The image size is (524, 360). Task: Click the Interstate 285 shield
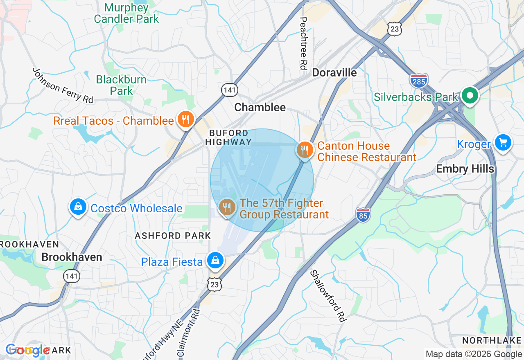pyautogui.click(x=418, y=80)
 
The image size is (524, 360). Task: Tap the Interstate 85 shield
pyautogui.click(x=363, y=215)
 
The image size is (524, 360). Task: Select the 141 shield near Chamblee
pyautogui.click(x=229, y=90)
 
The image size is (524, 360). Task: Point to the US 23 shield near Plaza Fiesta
pyautogui.click(x=215, y=284)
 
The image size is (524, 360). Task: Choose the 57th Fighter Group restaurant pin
pyautogui.click(x=226, y=207)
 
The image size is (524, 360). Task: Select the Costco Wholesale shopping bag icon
pyautogui.click(x=78, y=207)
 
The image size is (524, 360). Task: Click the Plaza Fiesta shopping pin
pyautogui.click(x=215, y=260)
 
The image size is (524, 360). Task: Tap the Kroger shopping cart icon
pyautogui.click(x=503, y=143)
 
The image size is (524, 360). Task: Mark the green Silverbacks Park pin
pyautogui.click(x=470, y=96)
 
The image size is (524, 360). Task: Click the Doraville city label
pyautogui.click(x=334, y=73)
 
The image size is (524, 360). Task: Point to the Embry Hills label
pyautogui.click(x=465, y=169)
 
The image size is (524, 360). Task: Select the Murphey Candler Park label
pyautogui.click(x=126, y=13)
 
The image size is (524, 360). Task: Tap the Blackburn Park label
pyautogui.click(x=121, y=85)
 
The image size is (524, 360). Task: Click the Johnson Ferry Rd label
pyautogui.click(x=63, y=85)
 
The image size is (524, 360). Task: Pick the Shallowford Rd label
pyautogui.click(x=327, y=295)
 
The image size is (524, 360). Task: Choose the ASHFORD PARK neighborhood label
pyautogui.click(x=173, y=236)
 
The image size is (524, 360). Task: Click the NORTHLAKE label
pyautogui.click(x=492, y=340)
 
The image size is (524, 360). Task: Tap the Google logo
pyautogui.click(x=28, y=350)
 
